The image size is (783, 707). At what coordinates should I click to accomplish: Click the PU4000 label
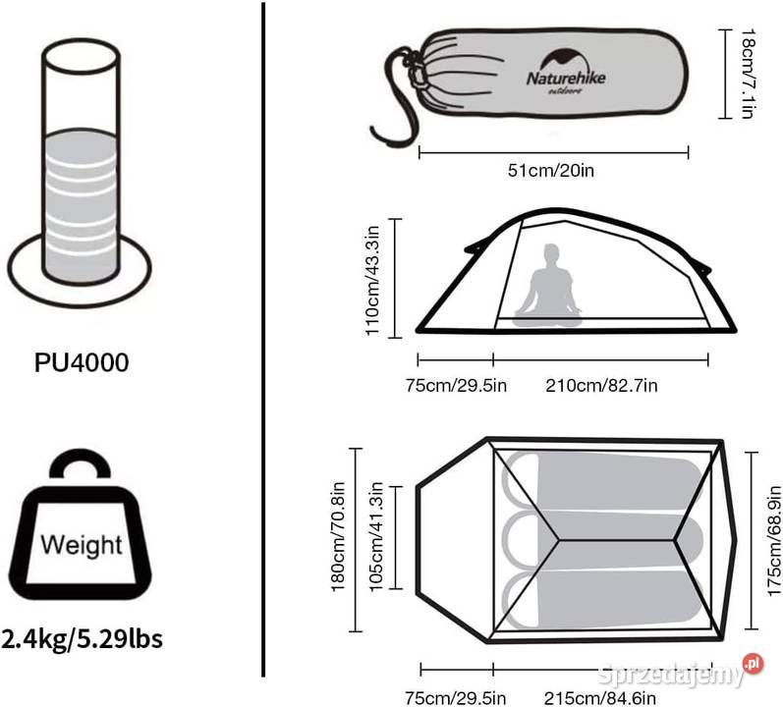point(82,362)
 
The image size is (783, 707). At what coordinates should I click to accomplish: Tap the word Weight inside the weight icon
point(82,544)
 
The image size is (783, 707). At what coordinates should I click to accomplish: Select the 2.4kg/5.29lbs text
point(83,638)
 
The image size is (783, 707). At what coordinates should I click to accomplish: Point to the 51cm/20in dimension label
point(551,171)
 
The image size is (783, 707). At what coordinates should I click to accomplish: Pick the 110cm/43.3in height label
point(372,281)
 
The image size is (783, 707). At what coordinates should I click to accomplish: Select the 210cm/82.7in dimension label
point(601,386)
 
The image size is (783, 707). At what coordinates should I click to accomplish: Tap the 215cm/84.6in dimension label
point(599,697)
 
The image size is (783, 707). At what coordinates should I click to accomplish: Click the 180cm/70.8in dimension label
point(338,536)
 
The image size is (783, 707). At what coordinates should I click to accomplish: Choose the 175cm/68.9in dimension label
point(773,541)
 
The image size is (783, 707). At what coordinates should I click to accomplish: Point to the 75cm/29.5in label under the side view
point(456,386)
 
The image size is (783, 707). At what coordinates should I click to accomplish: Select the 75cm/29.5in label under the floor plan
point(456,697)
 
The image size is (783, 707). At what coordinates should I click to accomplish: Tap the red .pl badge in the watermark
point(753,664)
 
